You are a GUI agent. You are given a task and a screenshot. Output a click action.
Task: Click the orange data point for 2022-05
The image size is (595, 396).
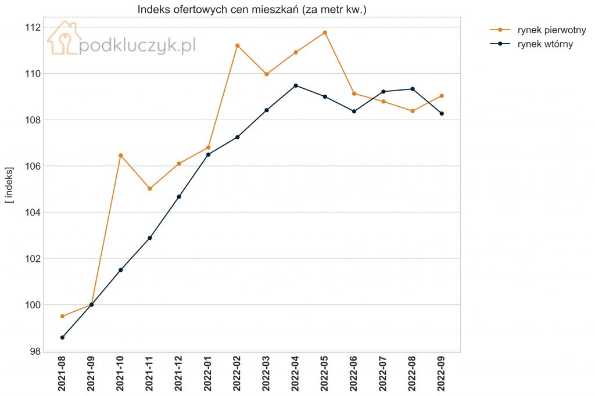coord(325,33)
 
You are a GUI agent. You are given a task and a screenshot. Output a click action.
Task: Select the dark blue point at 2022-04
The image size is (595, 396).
coord(296,86)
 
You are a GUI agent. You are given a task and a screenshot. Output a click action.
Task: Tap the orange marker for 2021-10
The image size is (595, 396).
coord(121,156)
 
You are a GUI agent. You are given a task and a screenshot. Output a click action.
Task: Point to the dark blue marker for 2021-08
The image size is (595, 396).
coord(62,337)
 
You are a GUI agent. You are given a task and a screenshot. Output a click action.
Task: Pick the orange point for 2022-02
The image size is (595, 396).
coord(238,46)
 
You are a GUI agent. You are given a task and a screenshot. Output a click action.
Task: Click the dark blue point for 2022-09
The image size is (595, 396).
coord(442,113)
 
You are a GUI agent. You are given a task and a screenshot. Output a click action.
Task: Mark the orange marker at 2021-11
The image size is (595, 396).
coord(150,189)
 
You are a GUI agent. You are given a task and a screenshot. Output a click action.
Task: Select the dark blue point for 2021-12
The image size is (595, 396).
coord(179,196)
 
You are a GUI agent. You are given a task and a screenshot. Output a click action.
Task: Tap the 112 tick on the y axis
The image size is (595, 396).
coord(33,27)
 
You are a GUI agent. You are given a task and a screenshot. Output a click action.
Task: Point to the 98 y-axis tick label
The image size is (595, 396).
coord(35,351)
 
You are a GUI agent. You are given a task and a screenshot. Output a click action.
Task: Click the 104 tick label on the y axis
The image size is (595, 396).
coord(33,213)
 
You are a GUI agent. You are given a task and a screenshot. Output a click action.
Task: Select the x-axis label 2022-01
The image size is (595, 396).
coord(208,373)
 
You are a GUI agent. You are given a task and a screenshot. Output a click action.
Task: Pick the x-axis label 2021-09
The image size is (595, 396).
coord(91,373)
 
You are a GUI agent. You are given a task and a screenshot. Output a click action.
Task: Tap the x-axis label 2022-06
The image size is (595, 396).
coord(354,373)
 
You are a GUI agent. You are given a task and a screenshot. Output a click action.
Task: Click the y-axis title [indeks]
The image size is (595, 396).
coord(9,185)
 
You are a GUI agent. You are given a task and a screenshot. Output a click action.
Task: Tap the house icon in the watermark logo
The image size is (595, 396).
coord(64,38)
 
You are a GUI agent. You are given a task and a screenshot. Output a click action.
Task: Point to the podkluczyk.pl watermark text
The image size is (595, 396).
coord(137,46)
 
